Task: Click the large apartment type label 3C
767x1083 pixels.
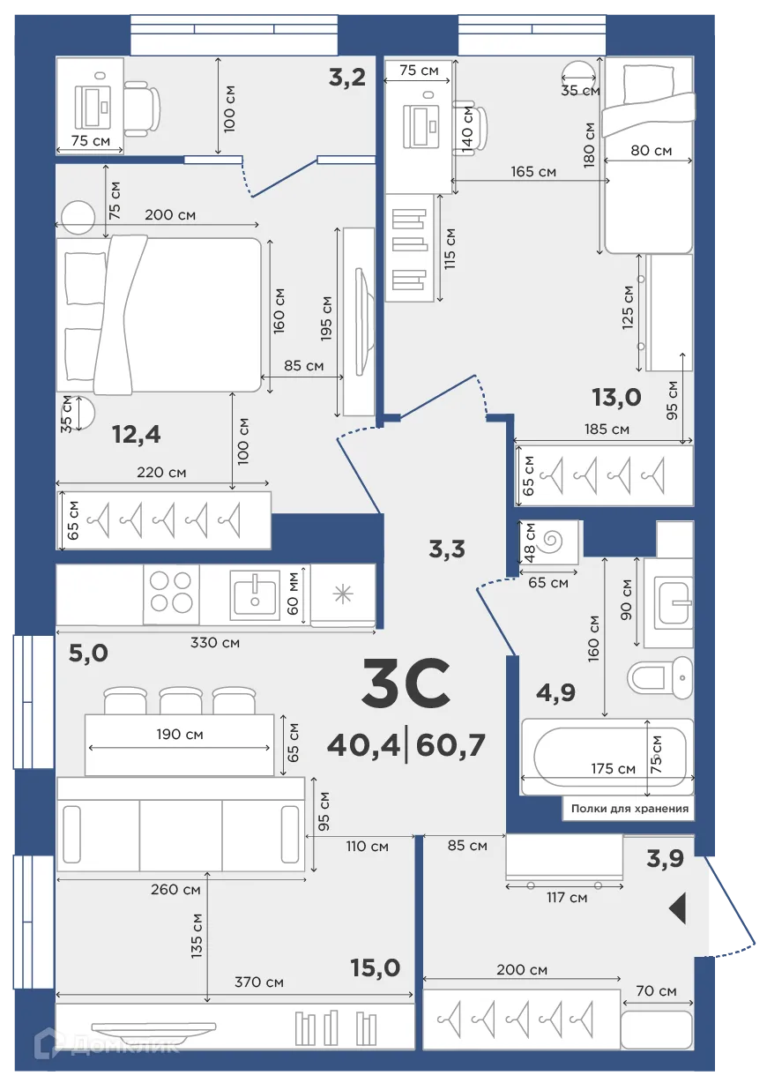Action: click(x=406, y=685)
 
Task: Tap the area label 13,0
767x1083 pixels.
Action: click(x=616, y=398)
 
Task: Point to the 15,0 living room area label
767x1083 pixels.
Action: click(x=375, y=968)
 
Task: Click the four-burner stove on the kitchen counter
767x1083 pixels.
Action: click(x=171, y=592)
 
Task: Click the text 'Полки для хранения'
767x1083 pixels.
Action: click(x=629, y=808)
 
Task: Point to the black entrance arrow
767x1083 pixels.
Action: click(x=677, y=908)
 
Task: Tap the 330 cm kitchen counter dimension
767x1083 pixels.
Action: click(x=216, y=642)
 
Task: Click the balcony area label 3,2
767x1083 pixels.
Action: click(x=347, y=78)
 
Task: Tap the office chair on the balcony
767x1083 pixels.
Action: click(x=141, y=108)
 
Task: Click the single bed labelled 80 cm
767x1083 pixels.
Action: click(x=647, y=154)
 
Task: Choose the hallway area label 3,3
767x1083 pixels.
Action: click(x=446, y=549)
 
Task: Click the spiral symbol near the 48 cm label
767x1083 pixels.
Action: click(x=555, y=540)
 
